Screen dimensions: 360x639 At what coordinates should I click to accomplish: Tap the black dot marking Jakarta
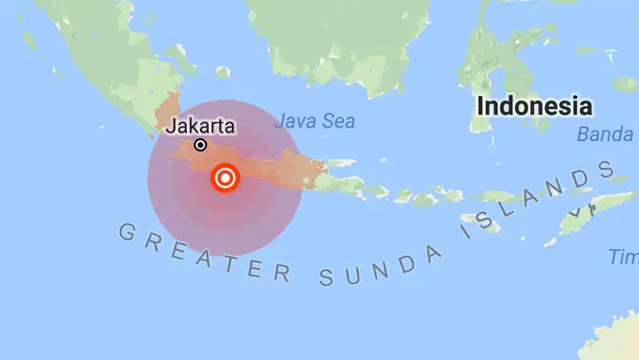(200, 145)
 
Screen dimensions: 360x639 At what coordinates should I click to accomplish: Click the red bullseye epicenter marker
(226, 177)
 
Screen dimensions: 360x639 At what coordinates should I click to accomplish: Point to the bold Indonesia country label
(534, 105)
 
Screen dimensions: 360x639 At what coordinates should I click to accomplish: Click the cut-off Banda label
(606, 134)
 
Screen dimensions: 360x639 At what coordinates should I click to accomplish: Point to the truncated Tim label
(623, 257)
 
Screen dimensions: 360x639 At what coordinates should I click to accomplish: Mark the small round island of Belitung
(223, 71)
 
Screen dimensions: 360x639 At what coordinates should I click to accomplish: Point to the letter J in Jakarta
(172, 126)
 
